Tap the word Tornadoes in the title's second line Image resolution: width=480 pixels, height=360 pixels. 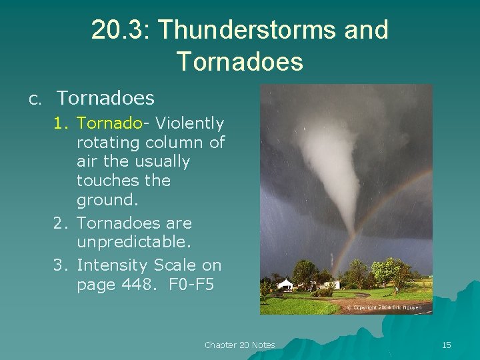pos(240,61)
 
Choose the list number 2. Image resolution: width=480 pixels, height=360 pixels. pos(61,223)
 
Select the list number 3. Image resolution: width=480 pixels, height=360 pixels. pos(61,265)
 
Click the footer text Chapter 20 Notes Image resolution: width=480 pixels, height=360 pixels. pos(239,345)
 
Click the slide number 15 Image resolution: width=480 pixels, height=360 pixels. pos(446,345)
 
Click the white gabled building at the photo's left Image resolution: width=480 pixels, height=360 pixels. pos(285,285)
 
